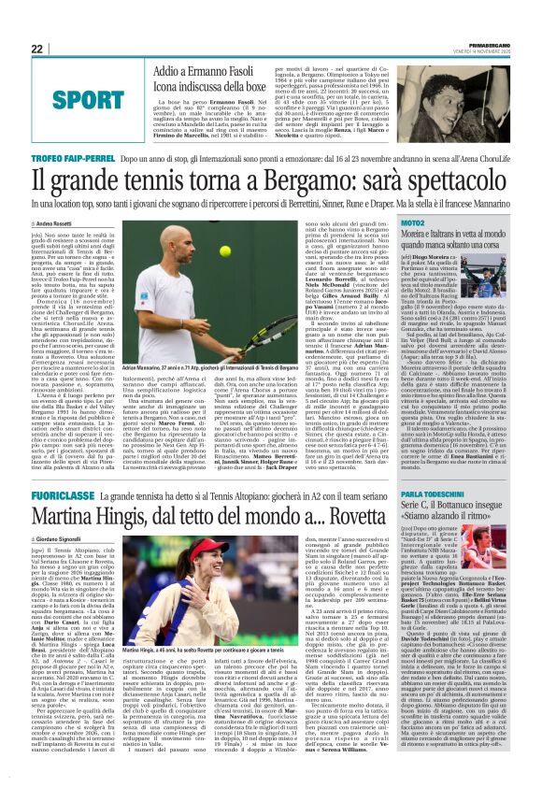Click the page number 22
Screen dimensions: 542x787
pos(36,49)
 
